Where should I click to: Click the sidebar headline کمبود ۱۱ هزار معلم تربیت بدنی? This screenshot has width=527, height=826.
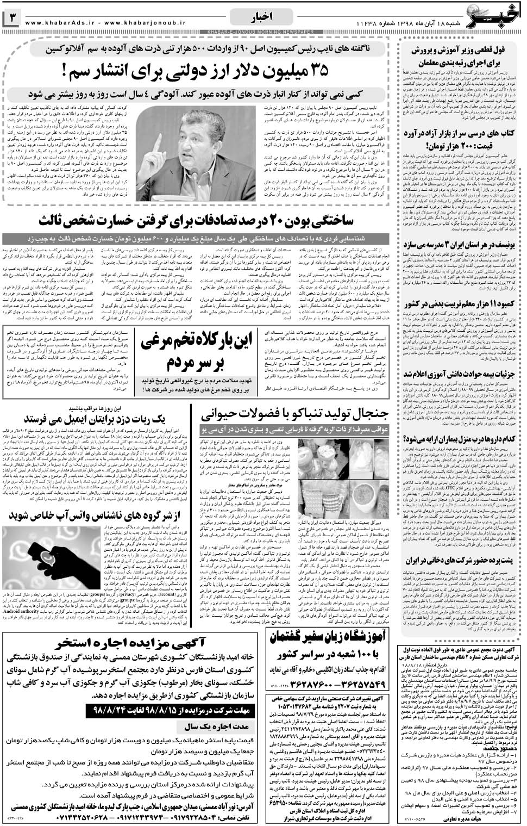coord(462,305)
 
